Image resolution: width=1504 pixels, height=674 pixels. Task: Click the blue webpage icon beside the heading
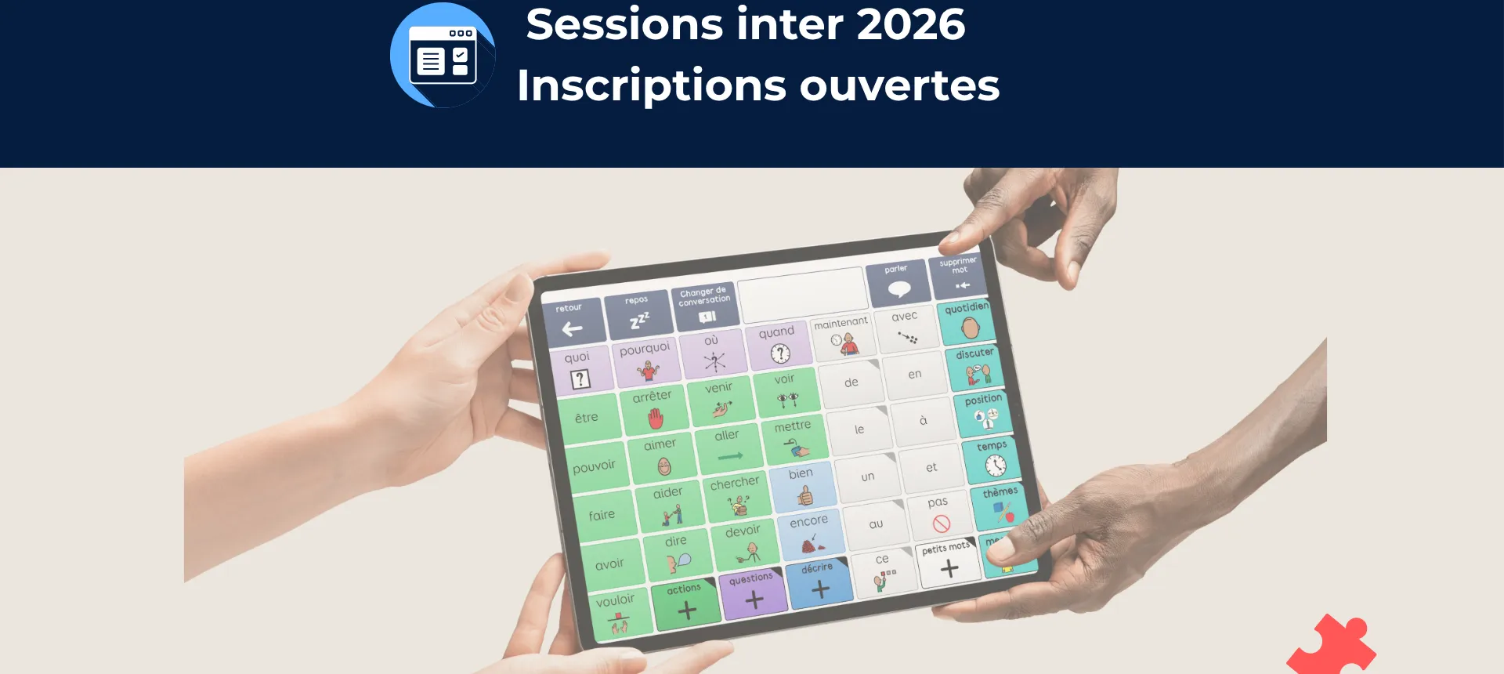point(443,55)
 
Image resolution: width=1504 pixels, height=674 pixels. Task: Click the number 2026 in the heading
point(910,24)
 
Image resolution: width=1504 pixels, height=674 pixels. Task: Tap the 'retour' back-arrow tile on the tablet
point(573,321)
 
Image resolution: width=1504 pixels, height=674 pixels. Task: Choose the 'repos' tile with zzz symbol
point(638,313)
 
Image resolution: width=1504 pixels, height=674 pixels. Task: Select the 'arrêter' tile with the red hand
point(654,409)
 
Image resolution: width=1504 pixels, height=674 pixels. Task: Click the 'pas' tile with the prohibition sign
point(939,514)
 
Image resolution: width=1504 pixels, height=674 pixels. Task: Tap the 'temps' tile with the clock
point(993,458)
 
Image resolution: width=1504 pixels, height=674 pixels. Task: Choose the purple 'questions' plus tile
point(753,593)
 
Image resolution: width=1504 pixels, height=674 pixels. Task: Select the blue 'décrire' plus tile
point(819,582)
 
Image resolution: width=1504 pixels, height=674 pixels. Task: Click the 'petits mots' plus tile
point(948,561)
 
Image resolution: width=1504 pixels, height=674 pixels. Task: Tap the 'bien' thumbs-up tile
point(803,487)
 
